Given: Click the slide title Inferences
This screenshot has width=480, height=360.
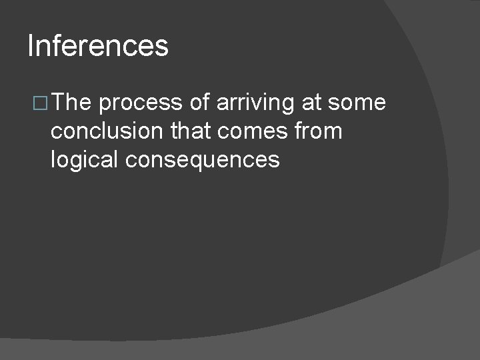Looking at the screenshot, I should [x=98, y=46].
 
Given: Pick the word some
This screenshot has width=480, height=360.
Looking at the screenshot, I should [x=358, y=103].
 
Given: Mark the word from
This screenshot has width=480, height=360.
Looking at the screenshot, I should [x=320, y=131].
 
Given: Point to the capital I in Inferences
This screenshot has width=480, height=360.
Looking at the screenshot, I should [x=31, y=46].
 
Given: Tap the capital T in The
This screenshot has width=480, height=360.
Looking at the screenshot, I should [x=59, y=103].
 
